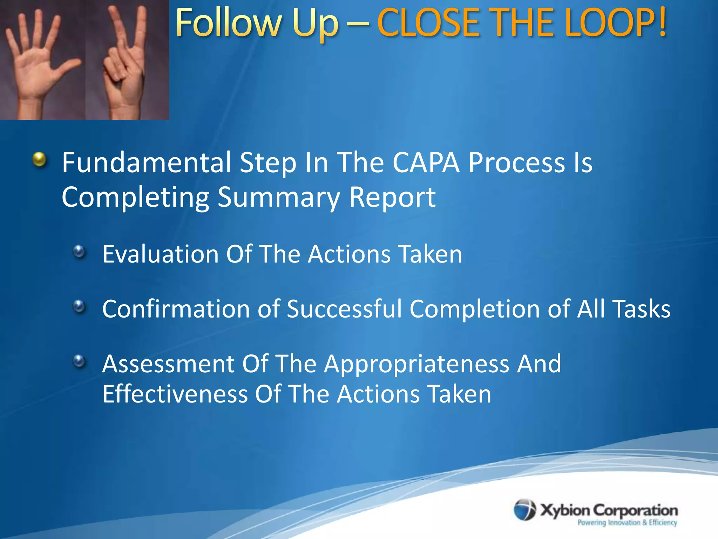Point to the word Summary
[279, 197]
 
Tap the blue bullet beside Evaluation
[80, 251]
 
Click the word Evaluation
[161, 254]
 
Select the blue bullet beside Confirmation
[80, 306]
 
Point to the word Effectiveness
[175, 394]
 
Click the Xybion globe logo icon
[524, 510]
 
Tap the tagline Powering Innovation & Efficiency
[627, 523]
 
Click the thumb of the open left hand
[67, 67]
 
